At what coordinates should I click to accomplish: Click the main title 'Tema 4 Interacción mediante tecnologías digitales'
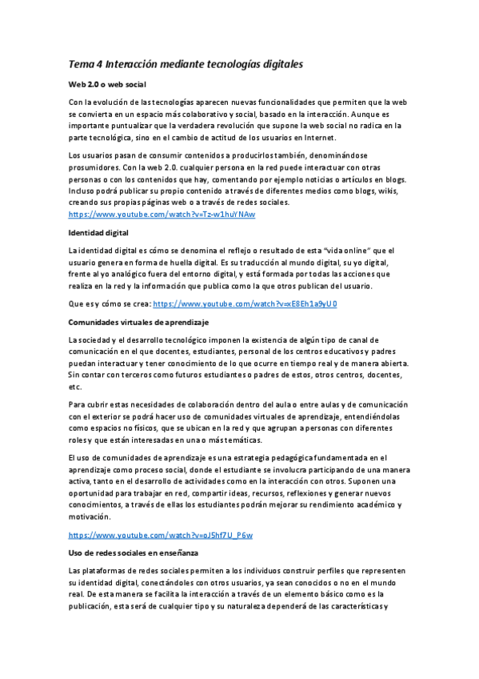[x=186, y=63]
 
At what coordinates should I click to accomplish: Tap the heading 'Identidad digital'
[x=98, y=233]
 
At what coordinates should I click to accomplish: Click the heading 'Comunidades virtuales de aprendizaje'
[x=138, y=322]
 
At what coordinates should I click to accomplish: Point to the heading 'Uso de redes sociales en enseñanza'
[x=133, y=552]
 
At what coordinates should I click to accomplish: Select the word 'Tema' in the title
[x=81, y=63]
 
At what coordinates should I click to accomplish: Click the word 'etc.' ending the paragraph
[x=75, y=386]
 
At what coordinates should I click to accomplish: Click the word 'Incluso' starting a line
[x=83, y=191]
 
